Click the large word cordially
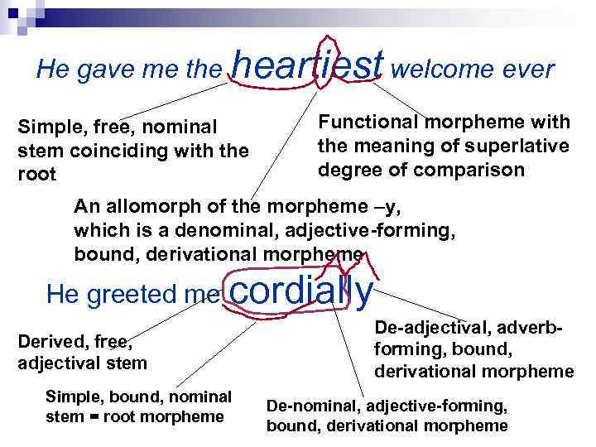click(x=300, y=291)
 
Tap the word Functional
click(x=368, y=123)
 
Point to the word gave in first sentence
click(x=94, y=70)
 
